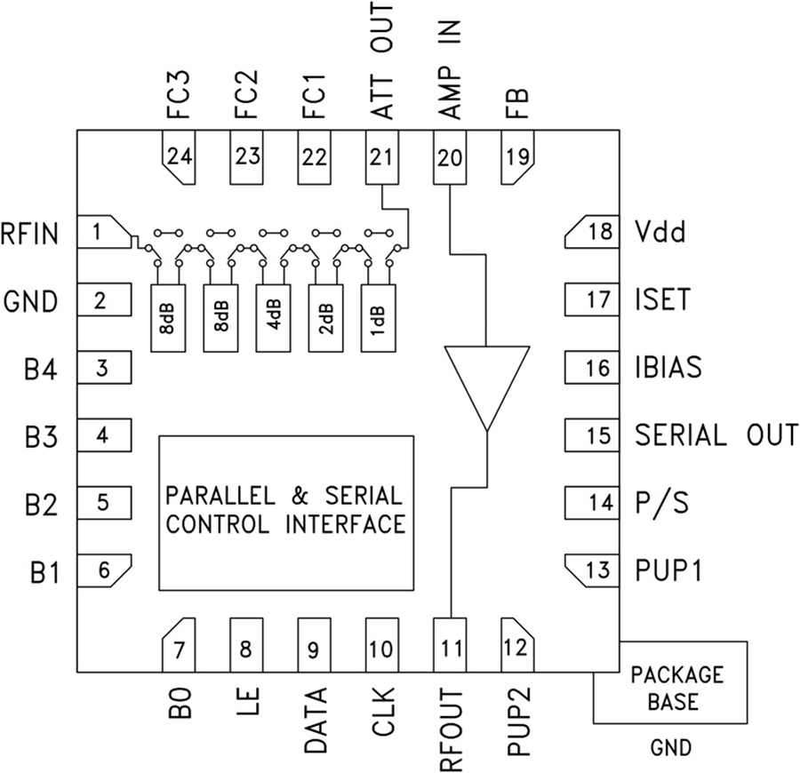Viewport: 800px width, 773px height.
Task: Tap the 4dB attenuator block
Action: tap(272, 317)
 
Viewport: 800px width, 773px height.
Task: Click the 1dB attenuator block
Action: tap(377, 317)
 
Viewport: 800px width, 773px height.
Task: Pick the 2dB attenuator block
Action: tap(324, 317)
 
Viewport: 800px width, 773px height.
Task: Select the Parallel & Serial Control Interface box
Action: tap(285, 512)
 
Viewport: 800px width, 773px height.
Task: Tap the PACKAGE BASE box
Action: tap(671, 687)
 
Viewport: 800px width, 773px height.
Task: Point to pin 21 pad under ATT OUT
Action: tap(380, 157)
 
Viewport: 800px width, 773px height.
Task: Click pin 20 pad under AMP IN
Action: tap(450, 157)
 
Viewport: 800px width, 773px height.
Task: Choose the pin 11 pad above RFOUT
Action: tap(450, 647)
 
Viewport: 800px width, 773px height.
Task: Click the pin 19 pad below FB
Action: tap(517, 157)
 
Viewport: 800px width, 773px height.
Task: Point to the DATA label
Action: tap(313, 721)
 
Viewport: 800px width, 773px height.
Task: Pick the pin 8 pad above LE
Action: tap(245, 647)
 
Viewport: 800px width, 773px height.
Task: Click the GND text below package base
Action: tap(670, 747)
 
